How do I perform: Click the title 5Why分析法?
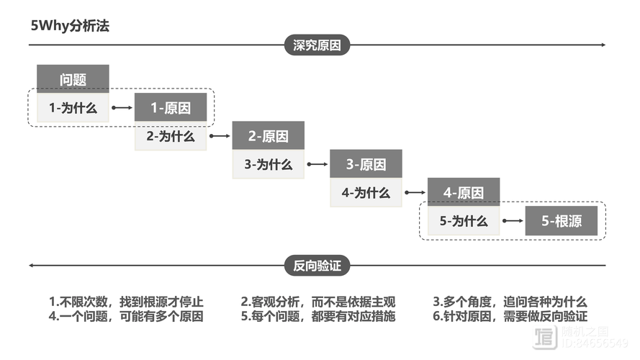coord(70,25)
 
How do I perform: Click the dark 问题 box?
coord(73,79)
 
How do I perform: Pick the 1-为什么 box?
coord(73,108)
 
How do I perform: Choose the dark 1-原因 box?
coord(171,108)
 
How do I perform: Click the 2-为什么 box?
coord(171,136)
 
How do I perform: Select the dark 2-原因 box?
coord(268,136)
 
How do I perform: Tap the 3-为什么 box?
coord(268,164)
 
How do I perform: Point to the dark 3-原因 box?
coord(366,164)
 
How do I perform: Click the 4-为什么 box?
coord(366,192)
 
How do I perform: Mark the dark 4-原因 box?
coord(464,192)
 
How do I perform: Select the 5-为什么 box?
coord(464,221)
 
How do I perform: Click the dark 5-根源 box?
coord(561,221)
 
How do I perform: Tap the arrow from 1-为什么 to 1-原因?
coord(122,108)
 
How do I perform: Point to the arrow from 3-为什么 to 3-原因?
coord(317,164)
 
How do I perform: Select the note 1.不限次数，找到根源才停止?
coord(126,302)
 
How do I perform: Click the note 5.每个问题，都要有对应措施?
coord(318,316)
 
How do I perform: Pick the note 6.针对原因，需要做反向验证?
coord(510,316)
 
